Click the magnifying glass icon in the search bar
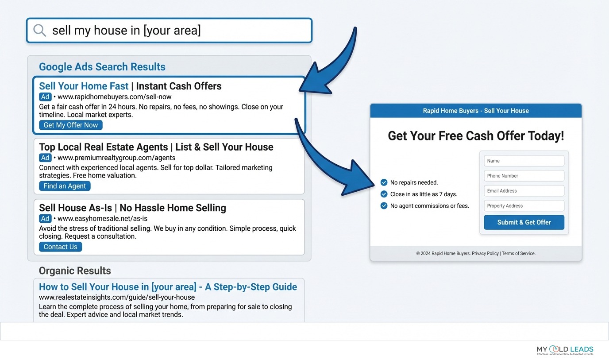coord(39,31)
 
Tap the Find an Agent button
coord(65,186)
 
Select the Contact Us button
coord(60,247)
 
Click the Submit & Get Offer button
coord(524,222)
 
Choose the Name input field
coord(524,161)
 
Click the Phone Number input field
coord(524,176)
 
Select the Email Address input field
coord(524,191)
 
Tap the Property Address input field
coord(524,206)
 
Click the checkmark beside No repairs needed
coord(384,182)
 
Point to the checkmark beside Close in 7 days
coord(384,194)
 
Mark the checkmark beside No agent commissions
coord(384,205)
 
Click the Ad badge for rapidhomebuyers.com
coord(45,97)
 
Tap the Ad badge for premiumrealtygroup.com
coord(45,158)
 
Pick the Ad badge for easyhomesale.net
coord(45,218)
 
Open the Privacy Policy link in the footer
coord(485,254)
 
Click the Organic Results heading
coord(75,271)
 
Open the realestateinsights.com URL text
coord(117,297)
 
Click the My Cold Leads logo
coord(565,350)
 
